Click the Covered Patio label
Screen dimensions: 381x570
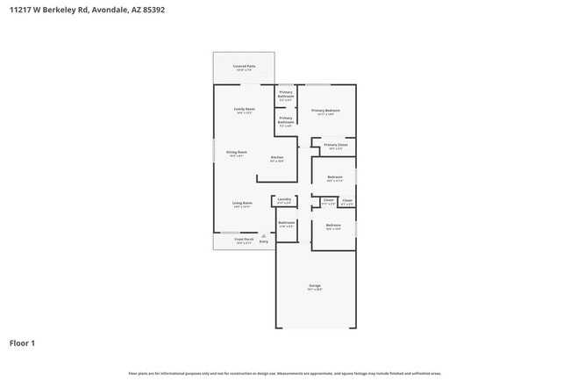[244, 67]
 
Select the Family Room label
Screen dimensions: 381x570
[243, 110]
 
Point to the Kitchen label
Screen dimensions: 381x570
[276, 158]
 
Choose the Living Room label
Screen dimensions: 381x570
[242, 204]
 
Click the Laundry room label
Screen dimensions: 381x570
[284, 200]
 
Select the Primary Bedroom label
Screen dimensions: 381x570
[325, 111]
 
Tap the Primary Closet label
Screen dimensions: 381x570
[336, 146]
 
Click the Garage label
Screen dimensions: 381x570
[315, 286]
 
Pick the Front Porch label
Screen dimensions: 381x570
[243, 240]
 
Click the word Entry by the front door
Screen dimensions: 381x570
[263, 241]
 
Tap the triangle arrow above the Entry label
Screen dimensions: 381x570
[263, 235]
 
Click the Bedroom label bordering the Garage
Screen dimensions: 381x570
[333, 226]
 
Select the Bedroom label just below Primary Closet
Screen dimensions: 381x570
[334, 177]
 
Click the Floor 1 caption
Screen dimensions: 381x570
[22, 343]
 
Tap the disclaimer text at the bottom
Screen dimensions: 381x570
[284, 373]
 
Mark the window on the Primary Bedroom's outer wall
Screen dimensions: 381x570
[317, 84]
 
